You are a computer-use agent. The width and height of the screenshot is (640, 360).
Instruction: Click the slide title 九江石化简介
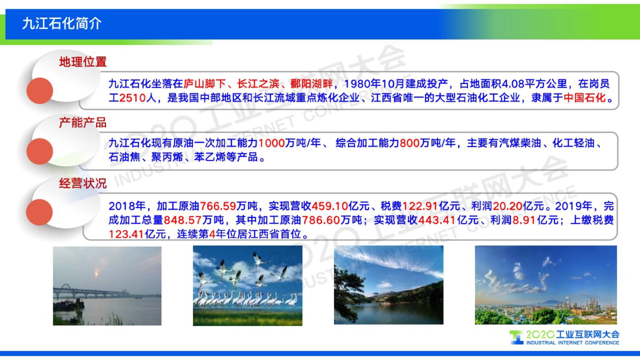[62, 23]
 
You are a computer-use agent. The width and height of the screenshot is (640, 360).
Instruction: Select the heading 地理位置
[83, 62]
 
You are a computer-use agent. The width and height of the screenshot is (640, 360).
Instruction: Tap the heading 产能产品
[83, 122]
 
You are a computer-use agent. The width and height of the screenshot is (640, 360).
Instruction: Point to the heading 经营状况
[83, 183]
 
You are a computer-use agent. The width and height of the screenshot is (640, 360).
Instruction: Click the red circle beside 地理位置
[40, 91]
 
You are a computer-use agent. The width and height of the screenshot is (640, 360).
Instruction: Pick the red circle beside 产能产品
[40, 151]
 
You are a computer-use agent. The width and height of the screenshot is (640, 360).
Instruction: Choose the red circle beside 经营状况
[40, 212]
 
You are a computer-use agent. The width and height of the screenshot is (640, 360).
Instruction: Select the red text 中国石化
[584, 98]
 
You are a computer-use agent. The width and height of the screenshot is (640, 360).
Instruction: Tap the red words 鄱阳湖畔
[311, 84]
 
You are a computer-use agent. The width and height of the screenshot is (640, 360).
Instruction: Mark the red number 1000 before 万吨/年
[271, 143]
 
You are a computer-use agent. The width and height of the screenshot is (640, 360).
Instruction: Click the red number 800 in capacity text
[409, 143]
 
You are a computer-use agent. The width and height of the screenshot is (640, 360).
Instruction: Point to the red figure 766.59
[218, 206]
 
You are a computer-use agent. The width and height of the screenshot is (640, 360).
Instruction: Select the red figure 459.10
[329, 206]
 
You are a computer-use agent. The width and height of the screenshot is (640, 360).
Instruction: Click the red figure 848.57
[183, 220]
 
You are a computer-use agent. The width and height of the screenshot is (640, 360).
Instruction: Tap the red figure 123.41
[126, 234]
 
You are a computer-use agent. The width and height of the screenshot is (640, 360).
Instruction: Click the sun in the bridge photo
[96, 274]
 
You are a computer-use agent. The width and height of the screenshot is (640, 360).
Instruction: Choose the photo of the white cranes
[248, 286]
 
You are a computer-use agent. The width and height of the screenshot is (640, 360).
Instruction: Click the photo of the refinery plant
[546, 285]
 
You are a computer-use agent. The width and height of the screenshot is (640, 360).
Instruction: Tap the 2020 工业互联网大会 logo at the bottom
[565, 337]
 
